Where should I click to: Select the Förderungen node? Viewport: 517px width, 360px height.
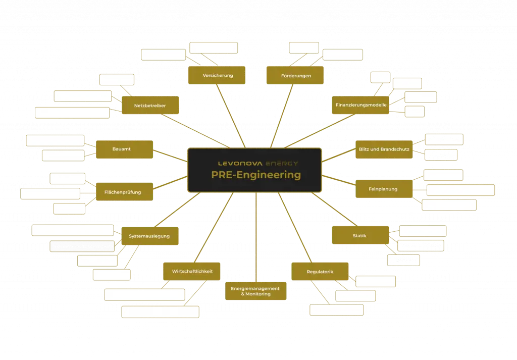pyautogui.click(x=295, y=75)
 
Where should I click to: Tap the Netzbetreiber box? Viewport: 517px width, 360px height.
pyautogui.click(x=150, y=106)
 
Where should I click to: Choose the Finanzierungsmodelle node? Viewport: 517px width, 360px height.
pyautogui.click(x=360, y=105)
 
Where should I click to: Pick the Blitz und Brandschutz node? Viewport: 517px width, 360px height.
pyautogui.click(x=384, y=149)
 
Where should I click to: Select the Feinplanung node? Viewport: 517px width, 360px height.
pyautogui.click(x=384, y=188)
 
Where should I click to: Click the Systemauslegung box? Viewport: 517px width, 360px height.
pyautogui.click(x=150, y=236)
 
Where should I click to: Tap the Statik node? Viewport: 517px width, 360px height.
pyautogui.click(x=360, y=235)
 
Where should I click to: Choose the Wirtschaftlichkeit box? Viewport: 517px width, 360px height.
pyautogui.click(x=192, y=271)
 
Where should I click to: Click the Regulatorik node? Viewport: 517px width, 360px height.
pyautogui.click(x=320, y=272)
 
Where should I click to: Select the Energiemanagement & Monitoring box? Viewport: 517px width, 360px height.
pyautogui.click(x=255, y=291)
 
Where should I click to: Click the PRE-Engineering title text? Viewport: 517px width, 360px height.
pyautogui.click(x=255, y=175)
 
